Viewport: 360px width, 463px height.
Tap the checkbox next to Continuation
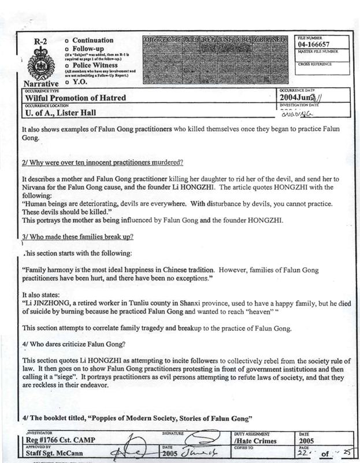click(x=67, y=40)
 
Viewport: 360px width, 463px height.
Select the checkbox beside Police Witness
click(x=67, y=65)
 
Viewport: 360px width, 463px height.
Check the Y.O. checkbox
click(x=67, y=82)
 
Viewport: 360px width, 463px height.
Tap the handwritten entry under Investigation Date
click(x=296, y=114)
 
